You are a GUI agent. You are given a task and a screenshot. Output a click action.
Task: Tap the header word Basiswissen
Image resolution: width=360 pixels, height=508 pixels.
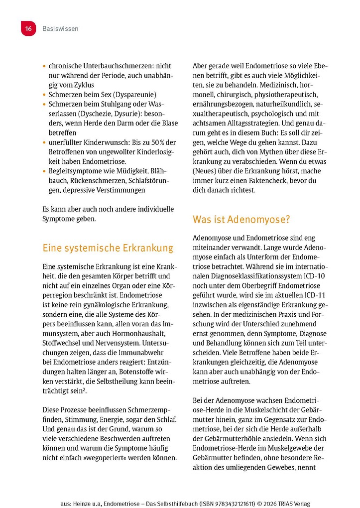tap(60, 29)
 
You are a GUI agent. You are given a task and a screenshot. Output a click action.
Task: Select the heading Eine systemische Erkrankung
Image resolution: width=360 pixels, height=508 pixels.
tap(108, 248)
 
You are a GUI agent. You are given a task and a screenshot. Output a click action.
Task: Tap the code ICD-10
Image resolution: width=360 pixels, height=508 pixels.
tap(314, 276)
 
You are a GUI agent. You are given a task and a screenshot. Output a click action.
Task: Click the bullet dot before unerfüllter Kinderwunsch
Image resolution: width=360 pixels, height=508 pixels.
tap(44, 143)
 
